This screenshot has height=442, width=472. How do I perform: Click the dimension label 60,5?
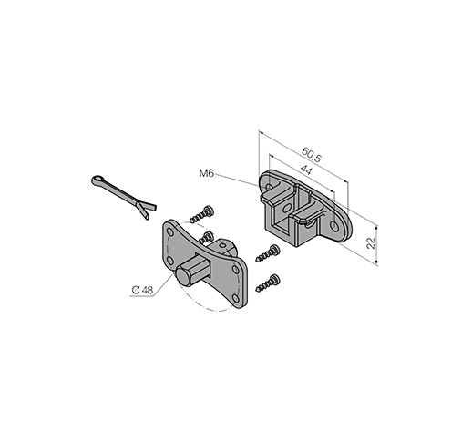pos(311,155)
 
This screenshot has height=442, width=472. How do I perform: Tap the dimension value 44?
pos(306,170)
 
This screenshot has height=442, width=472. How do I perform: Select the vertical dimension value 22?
pos(371,243)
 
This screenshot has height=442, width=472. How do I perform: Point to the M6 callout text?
pos(207,173)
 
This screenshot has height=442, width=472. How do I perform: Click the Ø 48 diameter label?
pos(142,291)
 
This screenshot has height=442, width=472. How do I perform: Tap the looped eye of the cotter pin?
pos(97,180)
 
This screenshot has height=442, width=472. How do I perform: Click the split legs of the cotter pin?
pos(147,210)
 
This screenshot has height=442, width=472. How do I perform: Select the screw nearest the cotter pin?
pos(201,214)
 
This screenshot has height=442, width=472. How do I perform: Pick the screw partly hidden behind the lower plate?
pos(206,237)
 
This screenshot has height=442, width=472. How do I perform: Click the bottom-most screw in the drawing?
pos(268,283)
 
